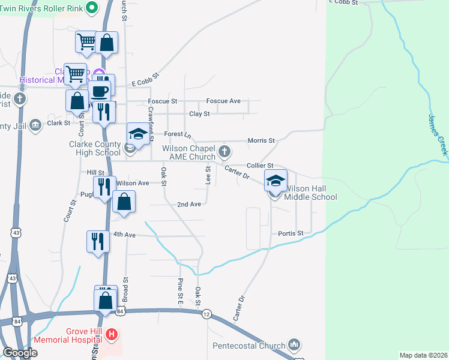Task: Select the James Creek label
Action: coord(438,135)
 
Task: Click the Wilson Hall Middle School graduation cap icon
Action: coord(276,181)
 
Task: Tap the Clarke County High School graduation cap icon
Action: coord(138,134)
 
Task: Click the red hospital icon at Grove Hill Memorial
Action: coord(110,334)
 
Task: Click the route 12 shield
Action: coord(207,314)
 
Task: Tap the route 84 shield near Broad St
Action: coord(121,311)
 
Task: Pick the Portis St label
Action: coord(291,233)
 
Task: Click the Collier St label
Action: coord(260,165)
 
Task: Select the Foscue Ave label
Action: coord(223,101)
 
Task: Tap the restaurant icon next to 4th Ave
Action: coord(97,241)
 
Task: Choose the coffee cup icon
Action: coord(99,91)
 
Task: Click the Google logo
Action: coord(20,353)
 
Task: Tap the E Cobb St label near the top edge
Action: coord(343,3)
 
